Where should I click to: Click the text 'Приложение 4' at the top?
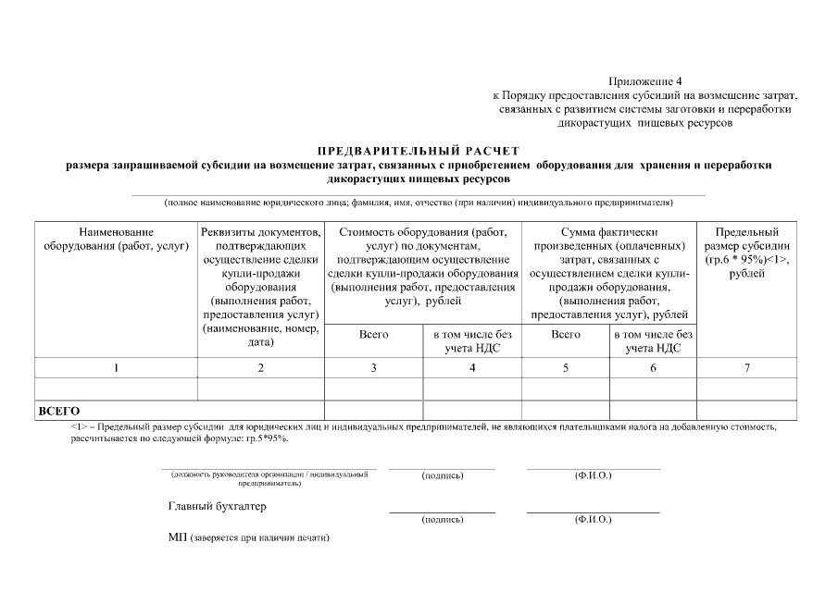[x=644, y=82]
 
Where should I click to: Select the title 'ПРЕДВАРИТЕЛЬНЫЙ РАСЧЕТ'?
[x=419, y=151]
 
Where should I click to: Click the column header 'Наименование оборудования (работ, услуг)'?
[x=116, y=239]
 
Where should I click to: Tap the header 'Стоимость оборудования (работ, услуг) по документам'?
[x=423, y=265]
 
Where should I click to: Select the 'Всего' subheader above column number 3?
[x=373, y=335]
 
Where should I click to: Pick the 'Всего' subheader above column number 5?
[x=565, y=335]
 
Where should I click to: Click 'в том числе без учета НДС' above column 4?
[x=472, y=341]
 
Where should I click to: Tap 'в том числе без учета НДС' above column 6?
[x=653, y=341]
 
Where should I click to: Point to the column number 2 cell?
[x=260, y=368]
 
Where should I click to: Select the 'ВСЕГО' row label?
[x=58, y=411]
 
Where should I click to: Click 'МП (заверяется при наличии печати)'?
[x=249, y=537]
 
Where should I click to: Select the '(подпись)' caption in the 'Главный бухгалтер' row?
[x=442, y=520]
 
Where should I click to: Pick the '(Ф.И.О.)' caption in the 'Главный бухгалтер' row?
[x=593, y=520]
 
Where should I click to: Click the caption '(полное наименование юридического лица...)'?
[x=419, y=202]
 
